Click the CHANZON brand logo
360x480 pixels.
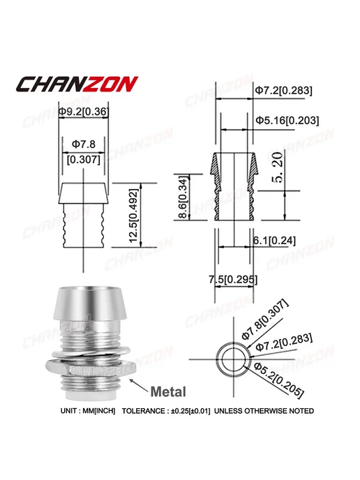click(x=77, y=84)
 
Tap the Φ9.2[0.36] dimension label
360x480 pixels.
click(x=83, y=112)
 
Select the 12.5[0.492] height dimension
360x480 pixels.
click(x=134, y=216)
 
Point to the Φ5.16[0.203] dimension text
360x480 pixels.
click(x=287, y=120)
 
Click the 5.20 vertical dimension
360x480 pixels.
click(x=278, y=167)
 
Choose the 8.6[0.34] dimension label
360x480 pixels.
click(x=183, y=197)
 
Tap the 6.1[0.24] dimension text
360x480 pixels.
click(x=274, y=241)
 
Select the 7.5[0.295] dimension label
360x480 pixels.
click(x=233, y=280)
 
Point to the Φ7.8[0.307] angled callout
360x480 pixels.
click(x=264, y=320)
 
